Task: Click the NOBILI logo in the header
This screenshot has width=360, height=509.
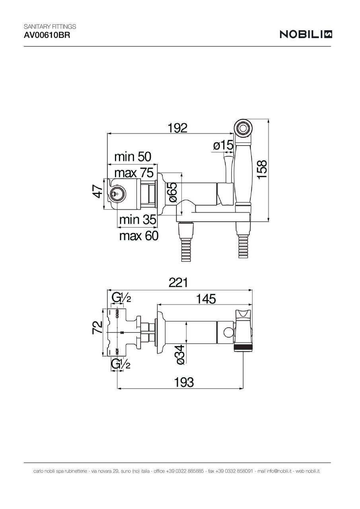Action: tap(306, 35)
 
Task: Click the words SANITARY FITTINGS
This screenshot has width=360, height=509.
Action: tap(50, 26)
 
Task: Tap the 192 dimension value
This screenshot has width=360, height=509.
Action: tap(177, 128)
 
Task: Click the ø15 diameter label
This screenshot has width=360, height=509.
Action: tap(222, 146)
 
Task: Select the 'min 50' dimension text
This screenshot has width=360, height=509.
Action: tap(133, 157)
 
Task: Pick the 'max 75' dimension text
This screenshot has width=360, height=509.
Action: tap(133, 173)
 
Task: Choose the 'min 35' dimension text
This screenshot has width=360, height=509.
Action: tap(138, 219)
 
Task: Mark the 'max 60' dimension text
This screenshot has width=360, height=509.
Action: tap(139, 236)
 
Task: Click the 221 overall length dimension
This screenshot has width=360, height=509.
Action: tap(178, 283)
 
